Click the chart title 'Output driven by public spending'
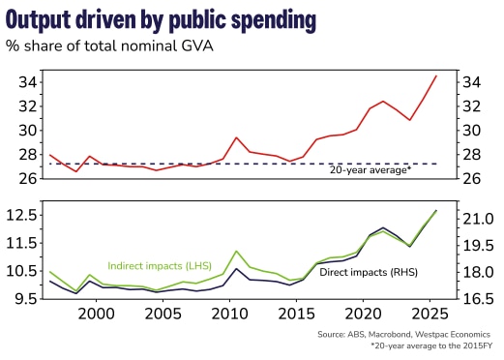(x=174, y=19)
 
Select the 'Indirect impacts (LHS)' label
(x=160, y=264)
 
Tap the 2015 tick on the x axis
(x=297, y=314)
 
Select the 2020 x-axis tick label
(x=364, y=314)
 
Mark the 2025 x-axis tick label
(x=430, y=314)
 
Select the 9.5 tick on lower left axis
(x=20, y=299)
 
